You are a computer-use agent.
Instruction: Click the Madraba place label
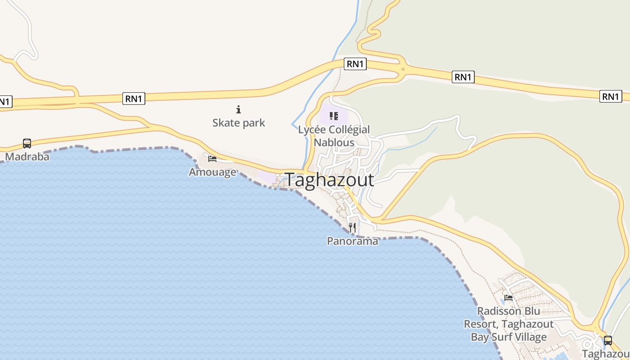pos(27,157)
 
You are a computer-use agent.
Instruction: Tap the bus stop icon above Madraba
pos(27,144)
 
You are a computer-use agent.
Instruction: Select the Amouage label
pos(212,172)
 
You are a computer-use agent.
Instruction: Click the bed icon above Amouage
pos(212,158)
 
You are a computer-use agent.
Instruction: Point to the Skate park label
pos(238,123)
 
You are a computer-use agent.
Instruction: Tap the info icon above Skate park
pos(238,109)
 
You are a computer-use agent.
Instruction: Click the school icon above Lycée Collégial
pos(333,116)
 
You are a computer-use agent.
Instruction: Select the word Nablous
pos(334,143)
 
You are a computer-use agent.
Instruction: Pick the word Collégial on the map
pos(349,130)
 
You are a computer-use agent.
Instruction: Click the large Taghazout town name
pos(329,180)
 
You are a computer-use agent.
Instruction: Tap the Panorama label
pos(352,241)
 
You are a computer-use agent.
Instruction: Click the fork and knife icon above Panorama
pos(352,228)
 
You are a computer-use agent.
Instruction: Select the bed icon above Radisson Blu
pos(508,298)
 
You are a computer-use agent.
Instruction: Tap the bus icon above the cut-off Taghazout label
pos(608,341)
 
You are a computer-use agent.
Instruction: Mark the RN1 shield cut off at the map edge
pos(4,102)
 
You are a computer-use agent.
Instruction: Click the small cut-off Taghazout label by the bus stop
pos(606,354)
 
